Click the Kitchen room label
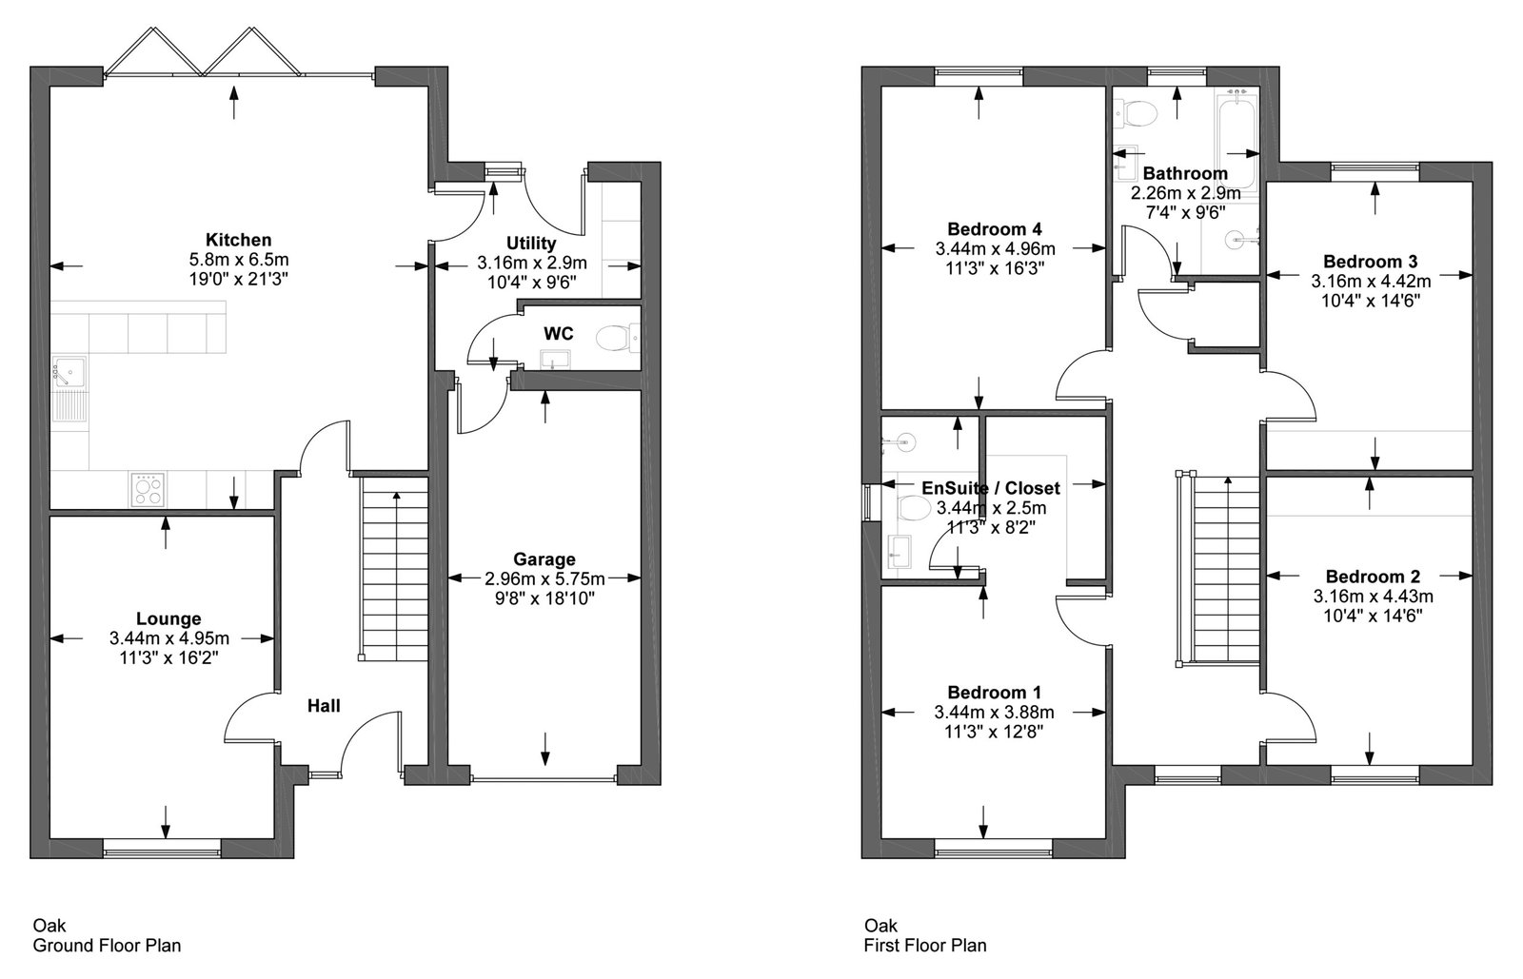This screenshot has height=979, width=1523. [238, 240]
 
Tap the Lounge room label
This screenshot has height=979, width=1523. [168, 619]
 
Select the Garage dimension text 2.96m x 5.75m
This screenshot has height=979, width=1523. [544, 578]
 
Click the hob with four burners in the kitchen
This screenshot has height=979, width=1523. [148, 489]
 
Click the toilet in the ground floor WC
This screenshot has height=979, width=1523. [618, 338]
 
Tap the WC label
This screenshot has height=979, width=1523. [558, 334]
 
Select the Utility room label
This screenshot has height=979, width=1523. [531, 244]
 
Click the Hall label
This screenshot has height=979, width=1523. [324, 706]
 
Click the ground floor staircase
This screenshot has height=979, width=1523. [394, 569]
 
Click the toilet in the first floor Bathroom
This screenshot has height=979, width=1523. [1136, 113]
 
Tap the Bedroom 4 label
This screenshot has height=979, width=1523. [994, 229]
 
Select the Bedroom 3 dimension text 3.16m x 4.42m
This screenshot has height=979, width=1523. [1371, 282]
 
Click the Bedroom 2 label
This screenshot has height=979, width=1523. [1373, 577]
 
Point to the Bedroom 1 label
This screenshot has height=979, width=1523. [994, 693]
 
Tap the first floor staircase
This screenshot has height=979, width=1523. [1218, 569]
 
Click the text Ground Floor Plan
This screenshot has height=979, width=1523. [108, 946]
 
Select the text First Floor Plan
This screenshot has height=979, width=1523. [924, 946]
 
